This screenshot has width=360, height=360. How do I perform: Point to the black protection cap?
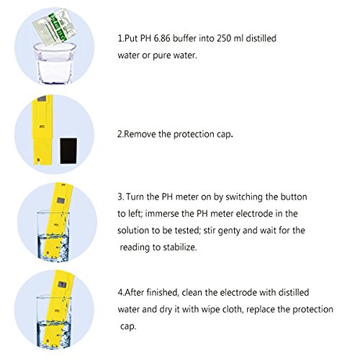[x=68, y=150]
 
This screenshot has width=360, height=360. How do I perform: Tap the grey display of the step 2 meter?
[x=42, y=99]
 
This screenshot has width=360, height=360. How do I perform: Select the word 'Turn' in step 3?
[x=135, y=197]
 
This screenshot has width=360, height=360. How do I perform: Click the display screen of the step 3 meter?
[x=60, y=199]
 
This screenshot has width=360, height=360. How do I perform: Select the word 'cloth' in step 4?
[x=231, y=310]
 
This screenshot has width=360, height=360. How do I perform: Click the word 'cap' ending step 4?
[x=128, y=327]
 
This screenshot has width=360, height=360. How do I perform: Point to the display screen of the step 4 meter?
[x=62, y=284]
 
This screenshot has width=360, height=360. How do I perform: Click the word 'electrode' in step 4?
[x=247, y=292]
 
